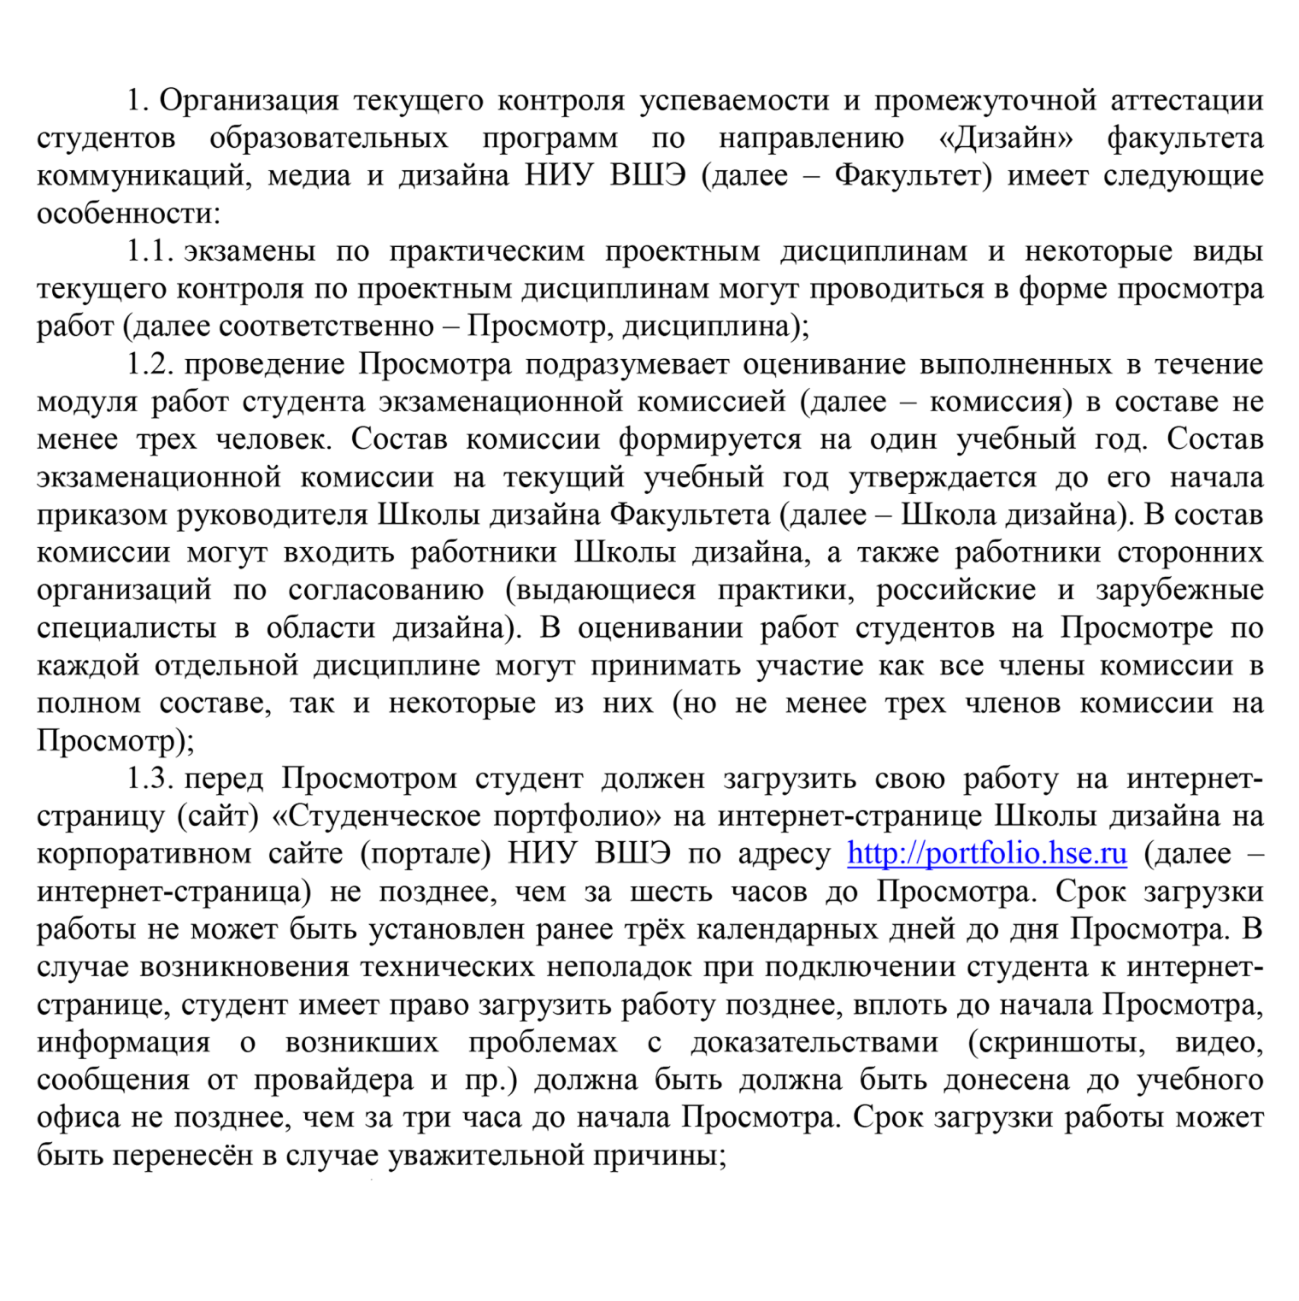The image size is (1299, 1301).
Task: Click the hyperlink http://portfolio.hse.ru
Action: [987, 854]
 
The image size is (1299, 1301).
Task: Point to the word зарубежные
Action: [1179, 590]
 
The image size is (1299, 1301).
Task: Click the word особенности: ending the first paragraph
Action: [128, 214]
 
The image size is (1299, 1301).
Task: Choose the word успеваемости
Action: [734, 101]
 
